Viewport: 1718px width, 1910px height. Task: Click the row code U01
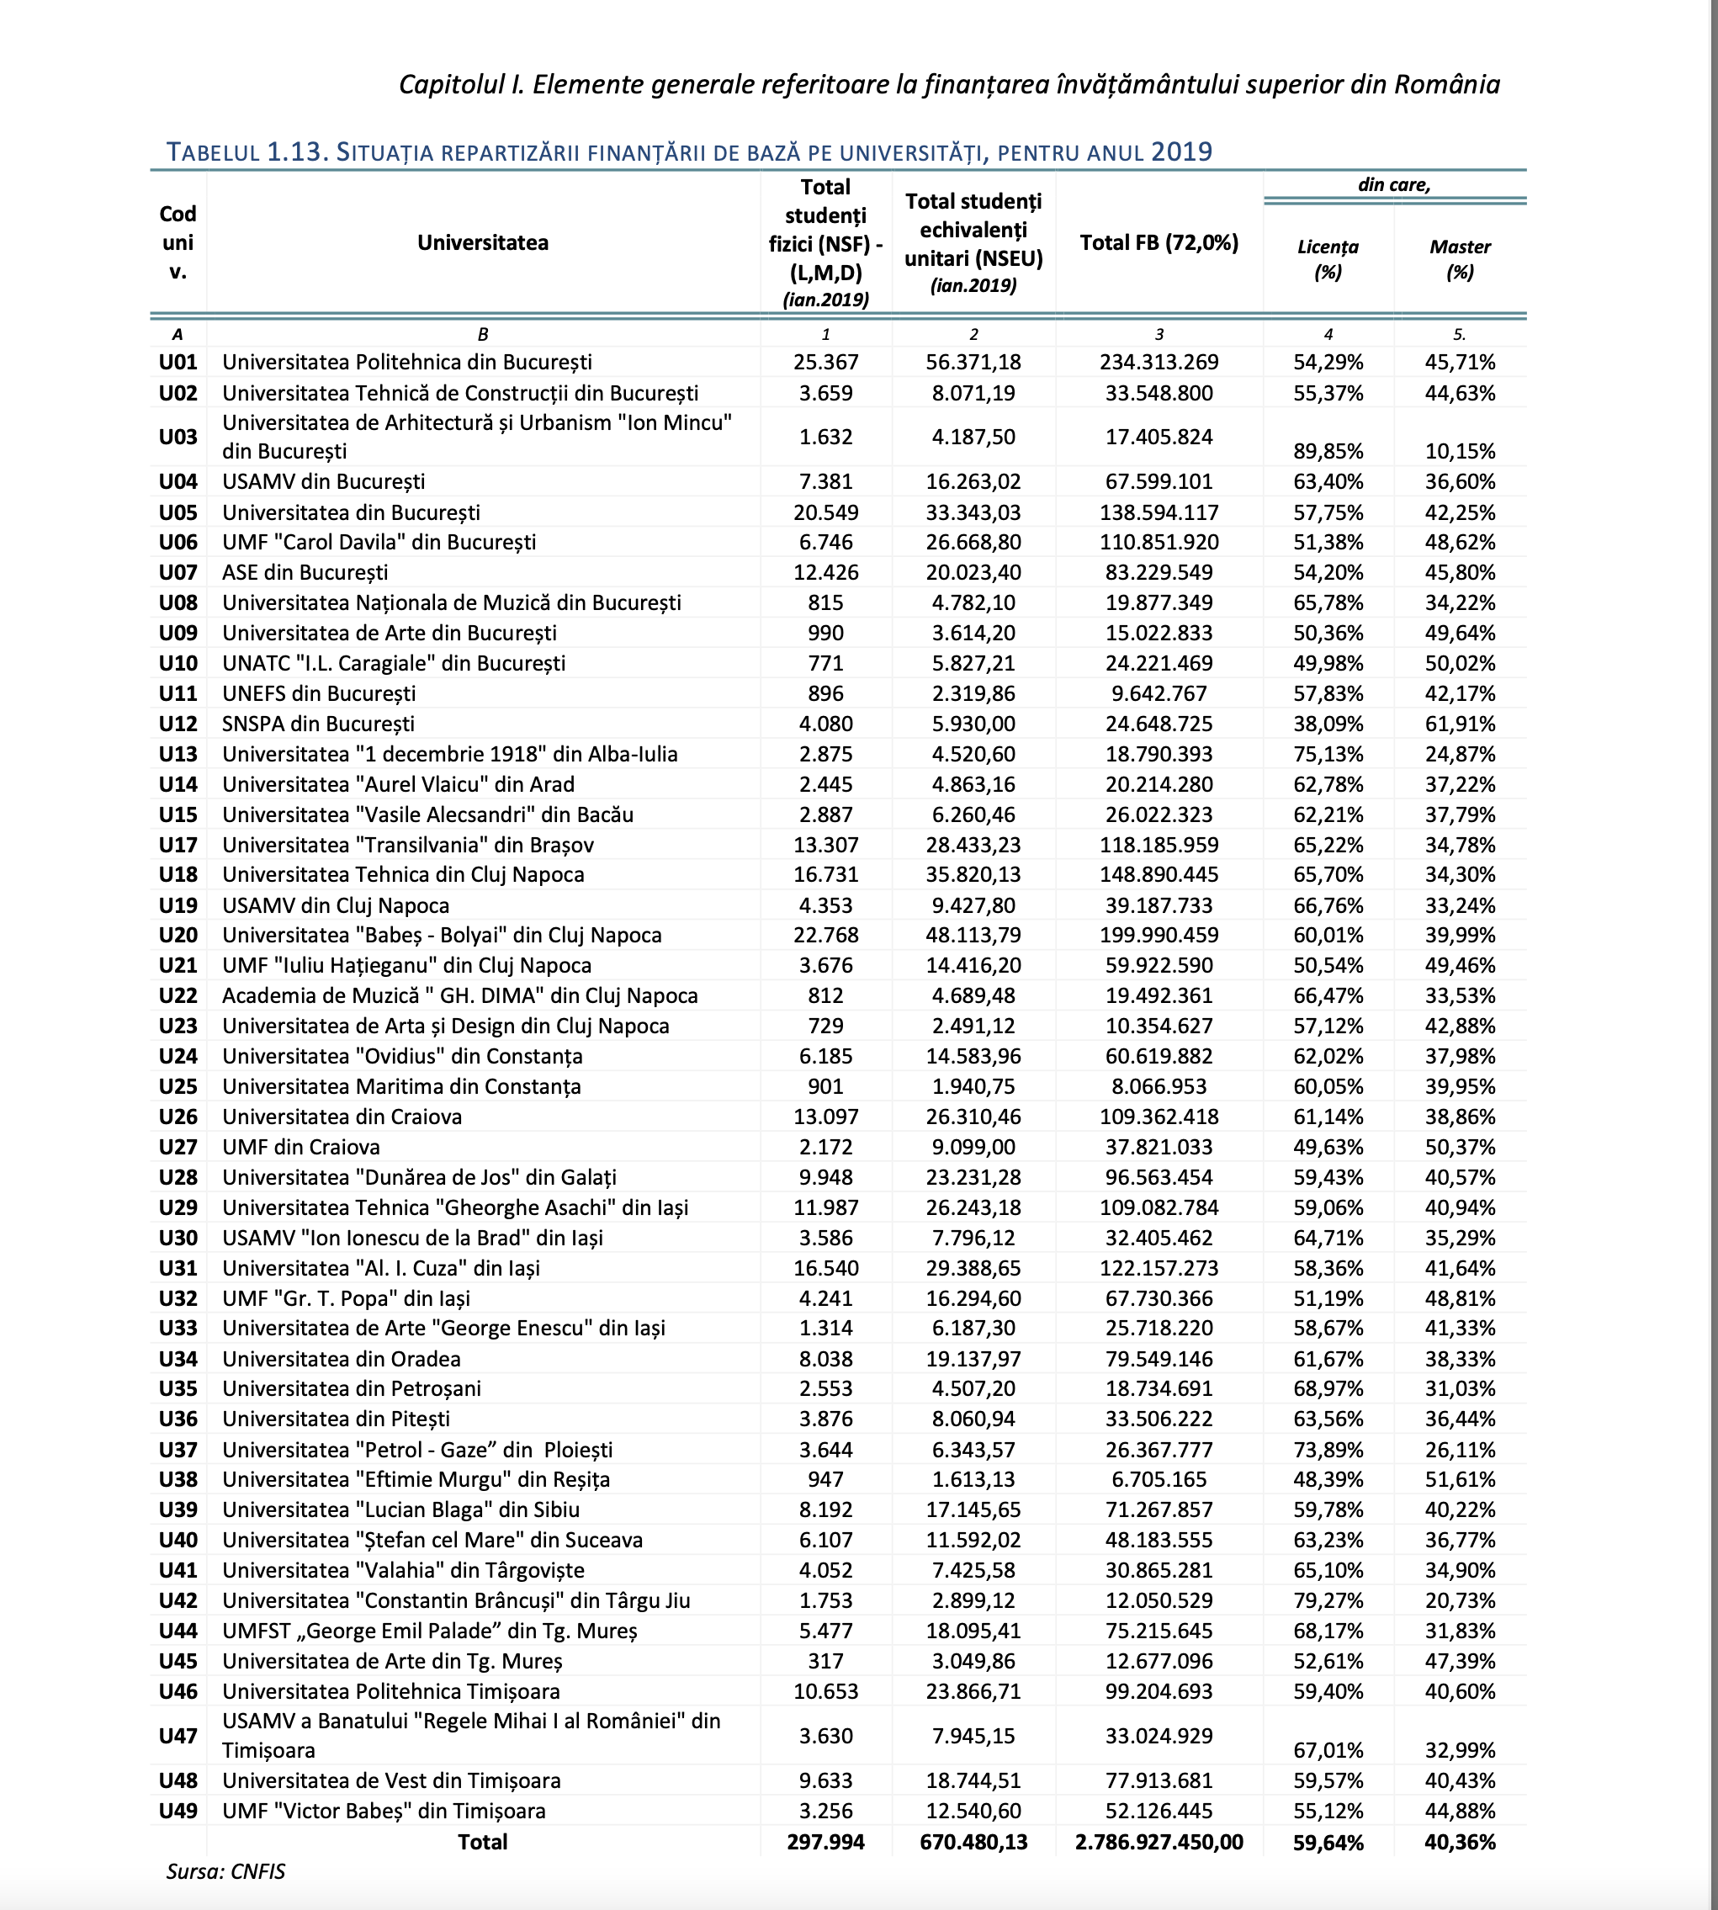coord(178,363)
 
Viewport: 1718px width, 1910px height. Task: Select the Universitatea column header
coord(482,242)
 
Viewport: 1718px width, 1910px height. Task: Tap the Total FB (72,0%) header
coord(1159,242)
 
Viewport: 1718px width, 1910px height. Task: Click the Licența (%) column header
coord(1328,260)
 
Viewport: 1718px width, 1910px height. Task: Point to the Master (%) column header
coord(1460,260)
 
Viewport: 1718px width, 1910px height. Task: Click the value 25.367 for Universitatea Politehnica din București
coord(825,363)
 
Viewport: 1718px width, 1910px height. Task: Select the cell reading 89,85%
coord(1328,451)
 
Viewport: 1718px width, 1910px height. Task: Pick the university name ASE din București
coord(305,572)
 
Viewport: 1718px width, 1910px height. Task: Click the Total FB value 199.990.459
coord(1159,936)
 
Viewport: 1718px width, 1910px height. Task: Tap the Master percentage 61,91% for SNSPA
coord(1460,724)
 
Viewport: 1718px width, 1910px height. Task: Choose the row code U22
coord(178,996)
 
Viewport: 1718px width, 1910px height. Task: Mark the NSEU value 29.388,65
coord(973,1268)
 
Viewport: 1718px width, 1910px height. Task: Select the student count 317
coord(825,1661)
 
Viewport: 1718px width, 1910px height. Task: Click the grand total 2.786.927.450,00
coord(1159,1842)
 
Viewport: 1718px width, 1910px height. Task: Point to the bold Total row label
coord(482,1842)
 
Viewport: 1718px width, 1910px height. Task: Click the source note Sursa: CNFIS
coord(225,1871)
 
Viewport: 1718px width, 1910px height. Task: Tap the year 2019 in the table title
coord(1181,152)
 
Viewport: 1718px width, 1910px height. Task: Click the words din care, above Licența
coord(1393,185)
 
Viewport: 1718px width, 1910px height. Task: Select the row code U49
coord(178,1811)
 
